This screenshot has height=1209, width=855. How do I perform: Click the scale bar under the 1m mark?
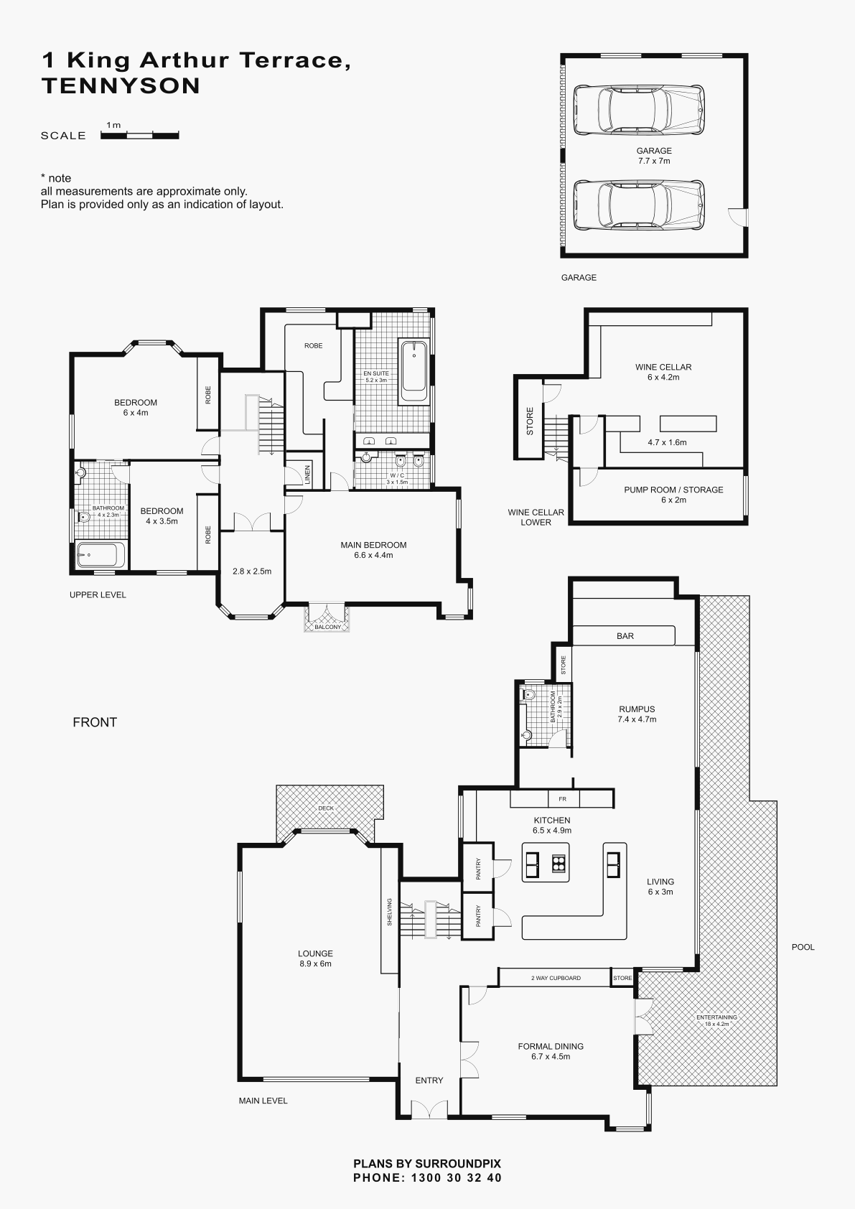[x=140, y=136]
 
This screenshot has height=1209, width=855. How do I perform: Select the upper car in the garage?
[x=639, y=109]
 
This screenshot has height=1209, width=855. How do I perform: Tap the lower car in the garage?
[x=639, y=205]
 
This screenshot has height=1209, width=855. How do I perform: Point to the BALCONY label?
[x=327, y=627]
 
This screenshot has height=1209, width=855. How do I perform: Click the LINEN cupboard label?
[x=308, y=475]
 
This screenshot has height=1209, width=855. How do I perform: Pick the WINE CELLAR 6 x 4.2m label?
[x=663, y=372]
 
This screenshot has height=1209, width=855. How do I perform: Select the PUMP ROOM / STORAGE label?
[x=673, y=495]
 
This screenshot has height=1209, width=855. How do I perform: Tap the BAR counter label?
[x=625, y=636]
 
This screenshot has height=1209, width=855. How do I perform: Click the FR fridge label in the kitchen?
[x=562, y=799]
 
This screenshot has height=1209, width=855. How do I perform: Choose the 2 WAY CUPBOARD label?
[x=556, y=977]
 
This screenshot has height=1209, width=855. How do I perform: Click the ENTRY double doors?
[x=429, y=1108]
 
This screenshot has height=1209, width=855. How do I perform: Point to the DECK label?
[x=326, y=808]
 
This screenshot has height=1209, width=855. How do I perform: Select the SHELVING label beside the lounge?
[x=390, y=912]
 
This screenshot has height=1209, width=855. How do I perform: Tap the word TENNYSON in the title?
[x=121, y=86]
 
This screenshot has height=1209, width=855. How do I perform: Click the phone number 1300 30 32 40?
[x=457, y=1177]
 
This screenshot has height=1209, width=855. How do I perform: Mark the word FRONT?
[x=95, y=722]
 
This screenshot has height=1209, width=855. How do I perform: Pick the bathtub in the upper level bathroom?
[x=101, y=555]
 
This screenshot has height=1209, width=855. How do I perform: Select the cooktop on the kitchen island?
[x=558, y=864]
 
